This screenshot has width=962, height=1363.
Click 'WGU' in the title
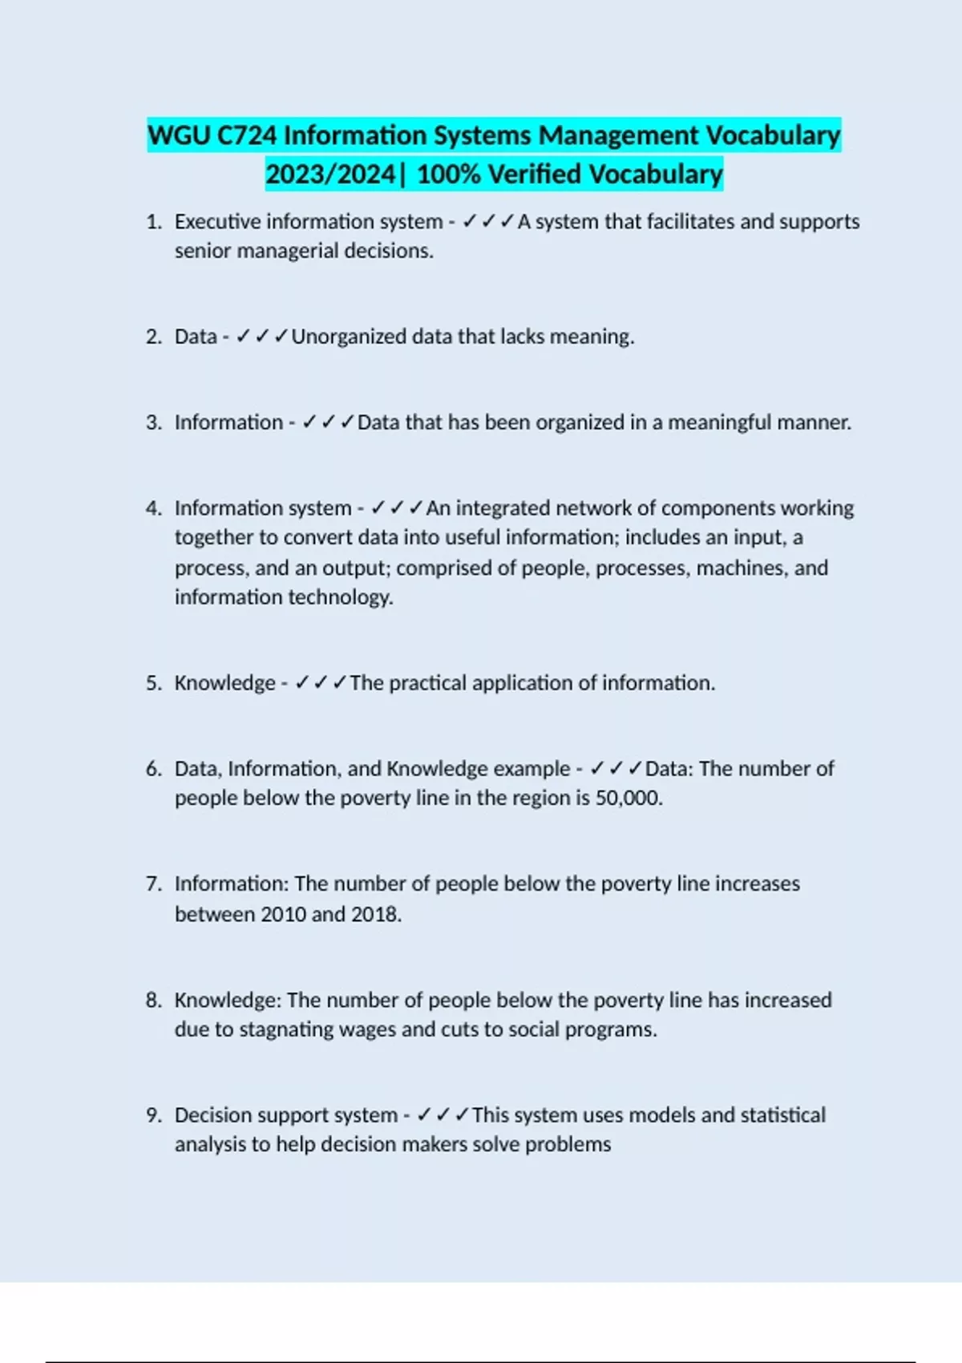coord(180,135)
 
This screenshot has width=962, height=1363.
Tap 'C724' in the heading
coord(247,135)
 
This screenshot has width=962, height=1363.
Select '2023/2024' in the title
coord(330,174)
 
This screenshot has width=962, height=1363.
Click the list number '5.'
coord(154,683)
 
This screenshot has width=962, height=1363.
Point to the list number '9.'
coord(154,1115)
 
